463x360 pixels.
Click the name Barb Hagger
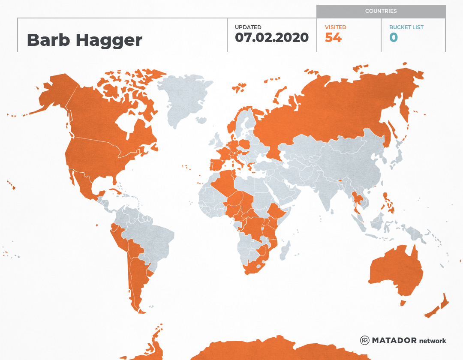[84, 40]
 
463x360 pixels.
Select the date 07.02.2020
[272, 37]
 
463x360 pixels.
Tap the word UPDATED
[248, 27]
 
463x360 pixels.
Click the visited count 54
[333, 38]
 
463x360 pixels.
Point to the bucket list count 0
[394, 38]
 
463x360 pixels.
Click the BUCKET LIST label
[406, 27]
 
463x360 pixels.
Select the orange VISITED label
[335, 27]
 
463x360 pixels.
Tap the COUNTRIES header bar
[381, 11]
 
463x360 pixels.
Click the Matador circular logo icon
[365, 341]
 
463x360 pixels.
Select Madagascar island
[285, 251]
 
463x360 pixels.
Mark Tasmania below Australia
[403, 303]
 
